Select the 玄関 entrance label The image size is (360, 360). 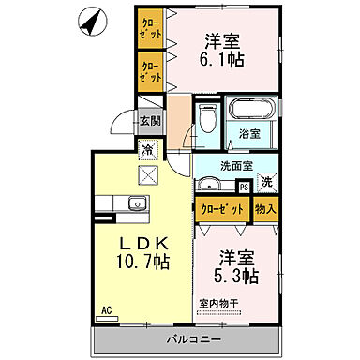pyautogui.click(x=150, y=121)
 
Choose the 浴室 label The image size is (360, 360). pyautogui.click(x=248, y=135)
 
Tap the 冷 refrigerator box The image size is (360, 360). pyautogui.click(x=148, y=148)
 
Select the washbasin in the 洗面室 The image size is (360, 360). pyautogui.click(x=213, y=184)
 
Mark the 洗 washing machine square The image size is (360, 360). pyautogui.click(x=267, y=182)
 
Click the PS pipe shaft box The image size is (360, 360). pyautogui.click(x=244, y=187)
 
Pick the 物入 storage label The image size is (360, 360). pyautogui.click(x=266, y=208)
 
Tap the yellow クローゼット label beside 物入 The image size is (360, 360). pyautogui.click(x=217, y=208)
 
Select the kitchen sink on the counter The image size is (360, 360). pyautogui.click(x=136, y=204)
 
